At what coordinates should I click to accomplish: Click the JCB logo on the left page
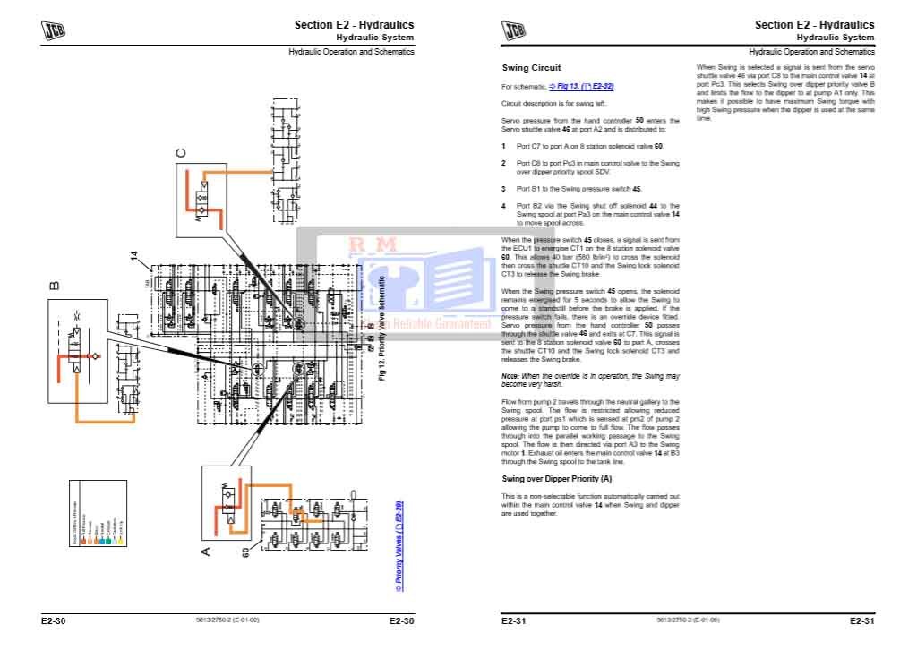[53, 30]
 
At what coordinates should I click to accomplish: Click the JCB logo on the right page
[513, 30]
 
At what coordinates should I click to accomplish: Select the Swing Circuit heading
[531, 68]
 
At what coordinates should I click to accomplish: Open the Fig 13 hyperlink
[581, 87]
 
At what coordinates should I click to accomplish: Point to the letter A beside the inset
[205, 551]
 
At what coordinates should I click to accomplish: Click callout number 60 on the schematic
[244, 552]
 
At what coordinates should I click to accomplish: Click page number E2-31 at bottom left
[513, 620]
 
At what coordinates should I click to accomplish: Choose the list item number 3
[504, 190]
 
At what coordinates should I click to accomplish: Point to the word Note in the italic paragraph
[510, 376]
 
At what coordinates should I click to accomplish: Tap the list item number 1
[504, 146]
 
